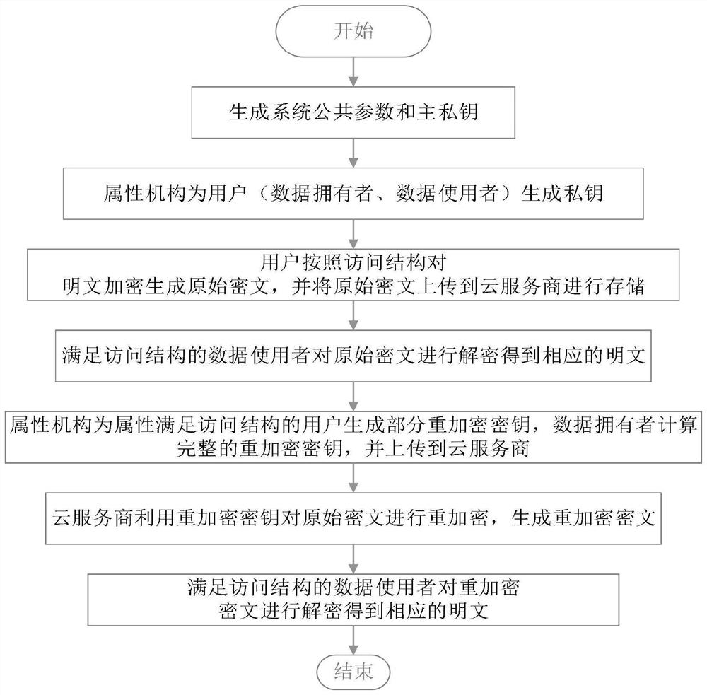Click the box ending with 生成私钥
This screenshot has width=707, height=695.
(353, 193)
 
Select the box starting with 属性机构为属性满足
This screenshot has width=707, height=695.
(353, 437)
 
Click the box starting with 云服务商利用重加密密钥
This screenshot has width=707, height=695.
(353, 518)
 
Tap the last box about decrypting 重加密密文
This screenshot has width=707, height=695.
(353, 598)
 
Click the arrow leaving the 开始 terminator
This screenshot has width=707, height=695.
(353, 71)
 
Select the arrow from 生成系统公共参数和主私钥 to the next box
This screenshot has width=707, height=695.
(353, 151)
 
